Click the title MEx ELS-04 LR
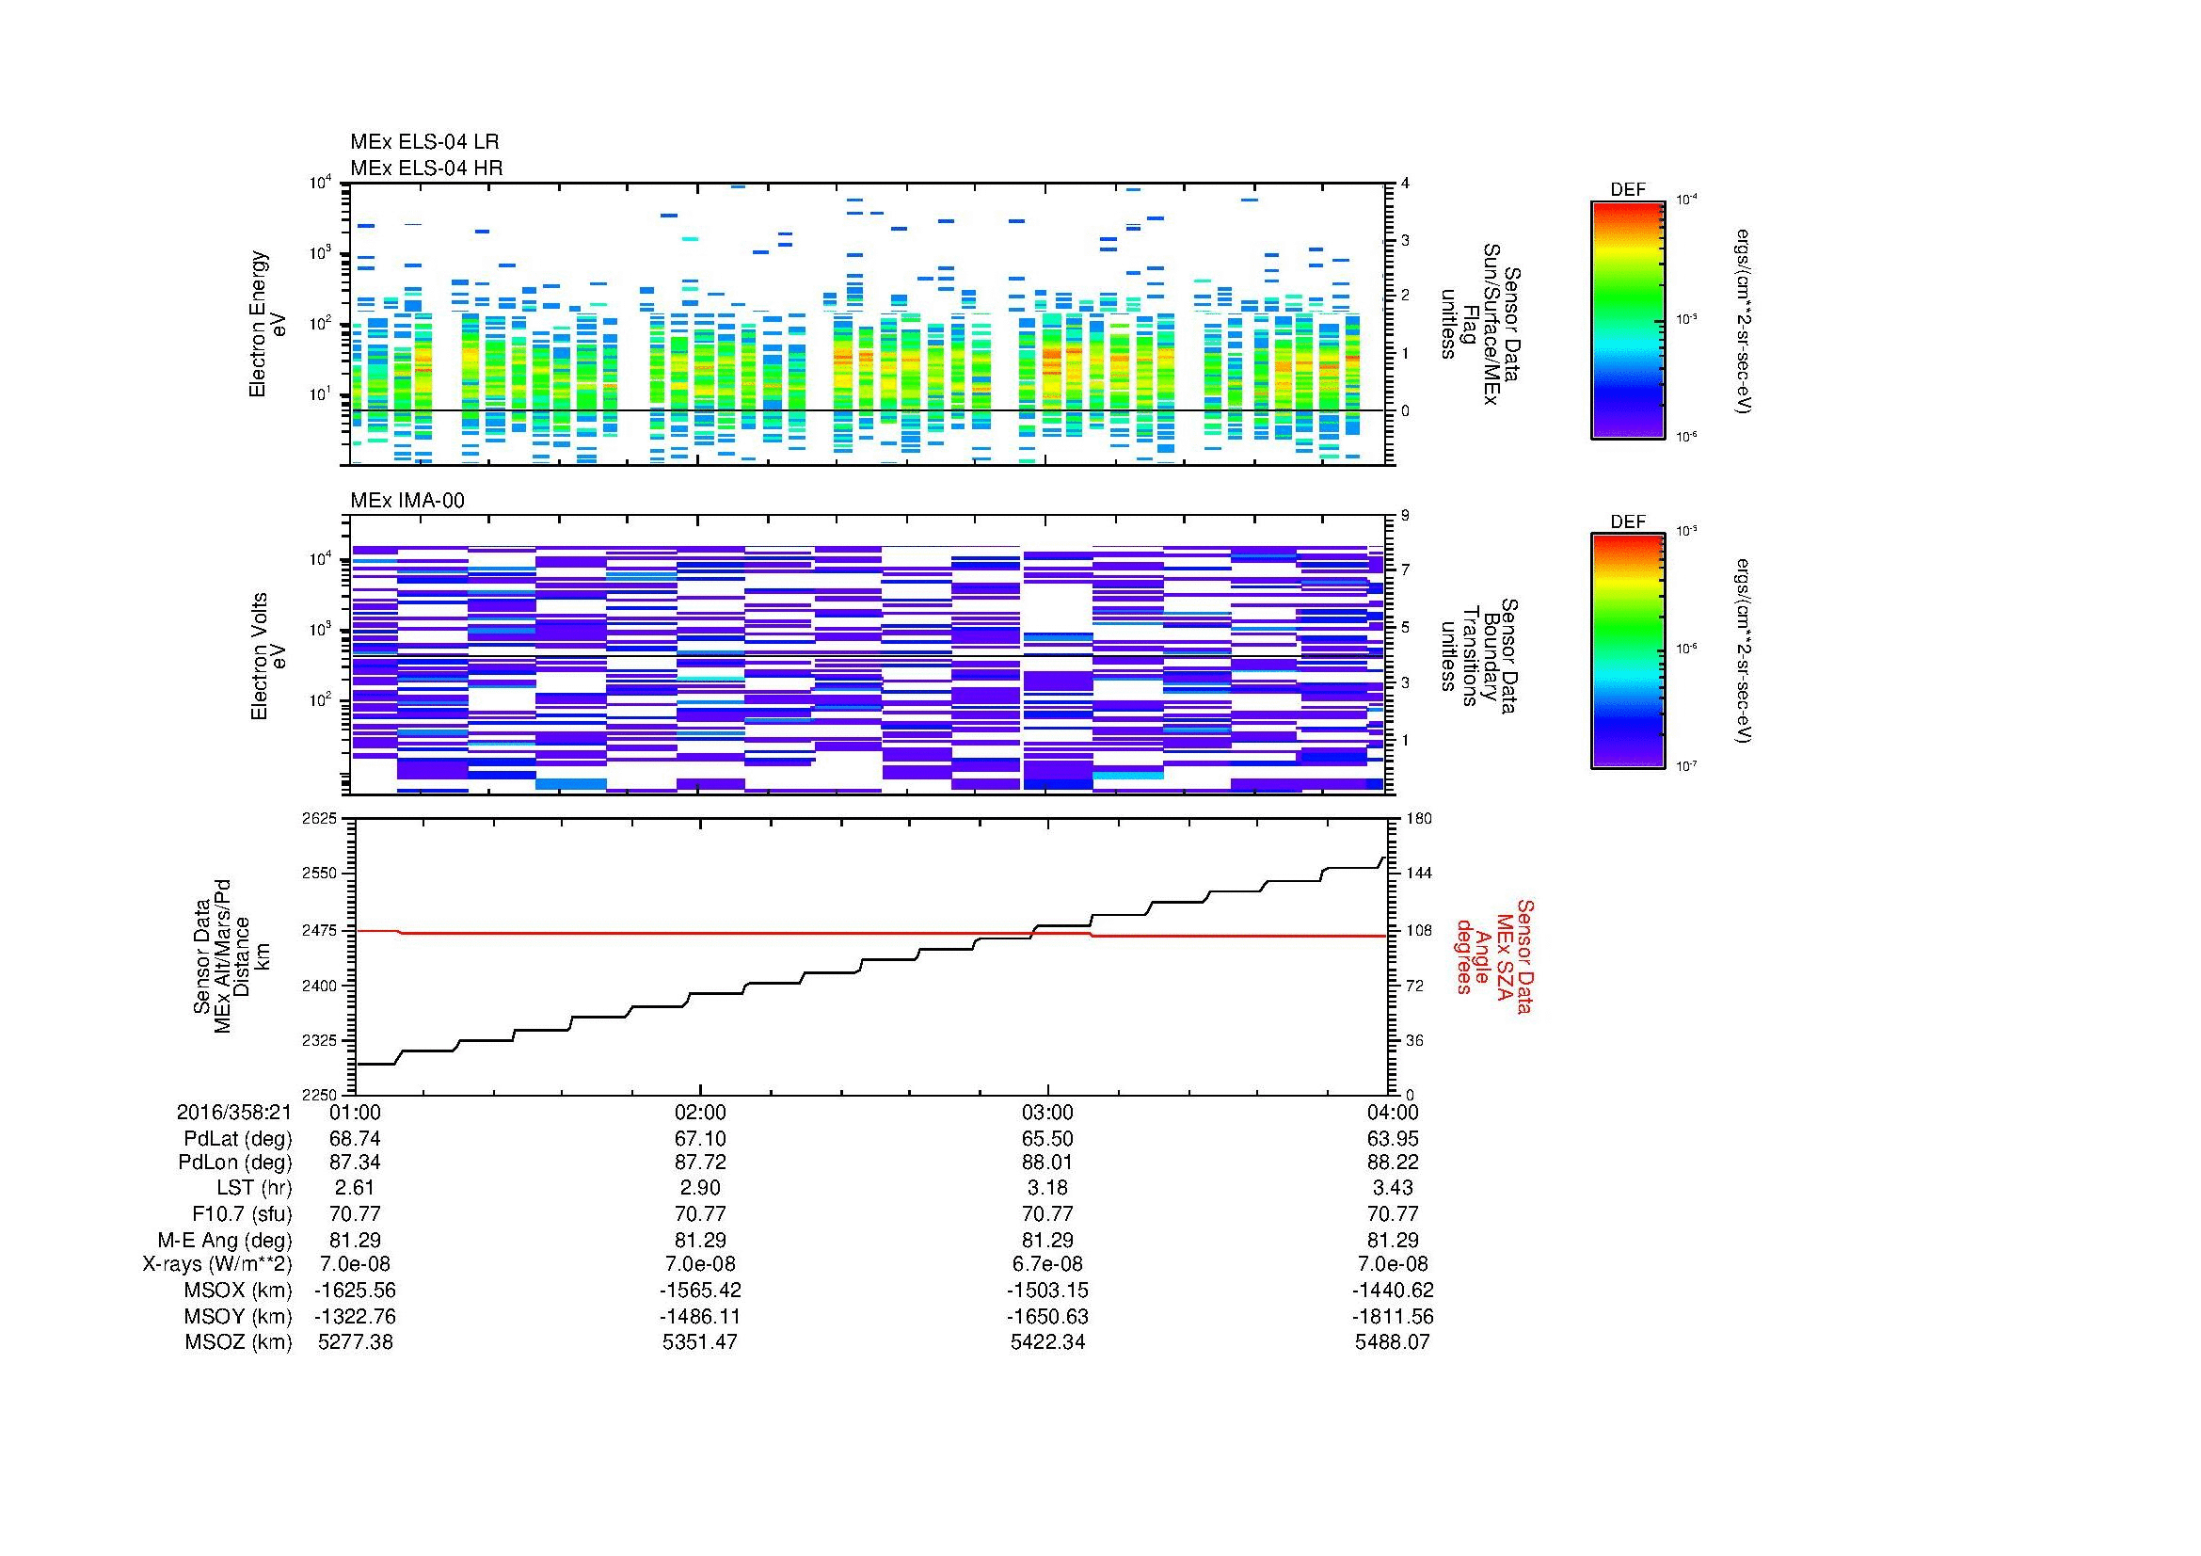click(423, 142)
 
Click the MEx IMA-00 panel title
click(407, 501)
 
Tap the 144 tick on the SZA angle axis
click(1419, 874)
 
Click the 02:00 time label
click(701, 1112)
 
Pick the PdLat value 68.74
click(355, 1138)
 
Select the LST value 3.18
click(1047, 1188)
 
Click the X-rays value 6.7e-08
click(1047, 1264)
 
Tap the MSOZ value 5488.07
click(1392, 1342)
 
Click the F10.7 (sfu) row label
click(241, 1213)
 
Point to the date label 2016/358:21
click(234, 1112)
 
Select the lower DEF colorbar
click(1627, 651)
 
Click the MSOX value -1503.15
click(1047, 1291)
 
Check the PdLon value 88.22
click(1392, 1162)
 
